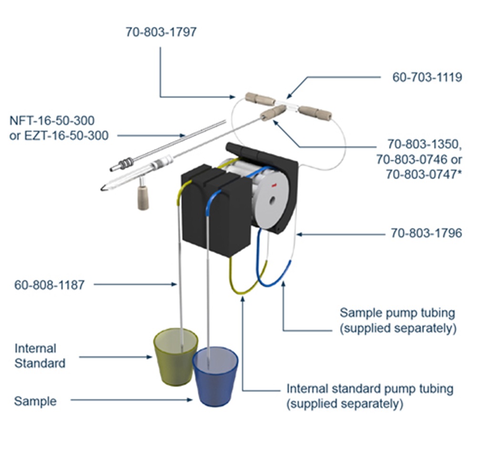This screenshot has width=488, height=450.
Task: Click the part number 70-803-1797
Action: (x=161, y=32)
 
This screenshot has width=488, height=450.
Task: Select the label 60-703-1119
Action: (x=427, y=77)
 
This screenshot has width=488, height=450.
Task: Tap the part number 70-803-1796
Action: (x=427, y=234)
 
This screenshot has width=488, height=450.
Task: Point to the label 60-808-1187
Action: (x=49, y=285)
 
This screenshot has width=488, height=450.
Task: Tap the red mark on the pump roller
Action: (x=275, y=183)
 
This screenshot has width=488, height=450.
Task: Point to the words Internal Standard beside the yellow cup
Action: (x=40, y=356)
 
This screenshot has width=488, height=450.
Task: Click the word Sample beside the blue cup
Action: (x=35, y=401)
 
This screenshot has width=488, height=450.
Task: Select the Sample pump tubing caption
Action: (x=397, y=320)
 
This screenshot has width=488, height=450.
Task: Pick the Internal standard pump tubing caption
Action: (x=370, y=396)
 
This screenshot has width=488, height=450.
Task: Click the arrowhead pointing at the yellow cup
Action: (x=149, y=357)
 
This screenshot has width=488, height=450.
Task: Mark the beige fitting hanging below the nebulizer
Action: (x=142, y=197)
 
